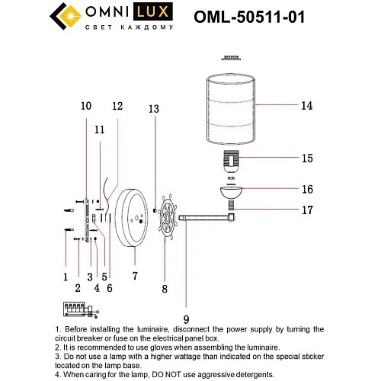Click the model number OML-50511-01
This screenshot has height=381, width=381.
tap(261, 17)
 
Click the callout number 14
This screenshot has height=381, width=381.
tap(306, 106)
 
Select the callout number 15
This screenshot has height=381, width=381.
tap(307, 158)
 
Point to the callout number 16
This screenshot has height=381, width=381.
tap(307, 189)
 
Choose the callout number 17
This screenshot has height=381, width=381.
tap(307, 210)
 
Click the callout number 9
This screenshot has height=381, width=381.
tap(186, 320)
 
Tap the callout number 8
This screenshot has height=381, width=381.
tap(164, 289)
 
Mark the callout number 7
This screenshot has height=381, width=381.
tap(134, 276)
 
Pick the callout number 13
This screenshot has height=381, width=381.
tap(154, 110)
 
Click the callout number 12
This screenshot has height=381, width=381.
tap(117, 107)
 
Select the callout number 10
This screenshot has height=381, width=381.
tap(85, 106)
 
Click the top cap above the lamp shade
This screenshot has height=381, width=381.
tap(229, 56)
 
